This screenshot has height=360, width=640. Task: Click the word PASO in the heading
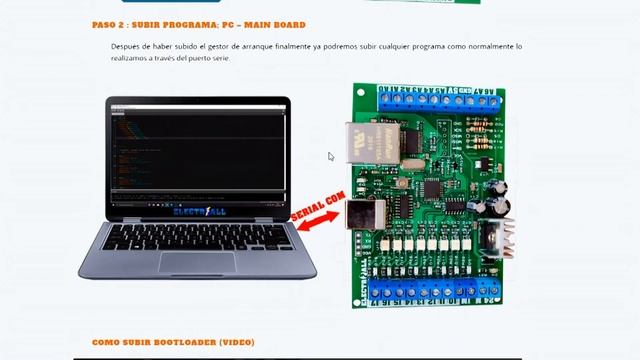[105, 24]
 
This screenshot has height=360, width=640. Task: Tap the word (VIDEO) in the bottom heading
[235, 342]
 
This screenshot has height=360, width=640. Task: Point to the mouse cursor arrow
[331, 156]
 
